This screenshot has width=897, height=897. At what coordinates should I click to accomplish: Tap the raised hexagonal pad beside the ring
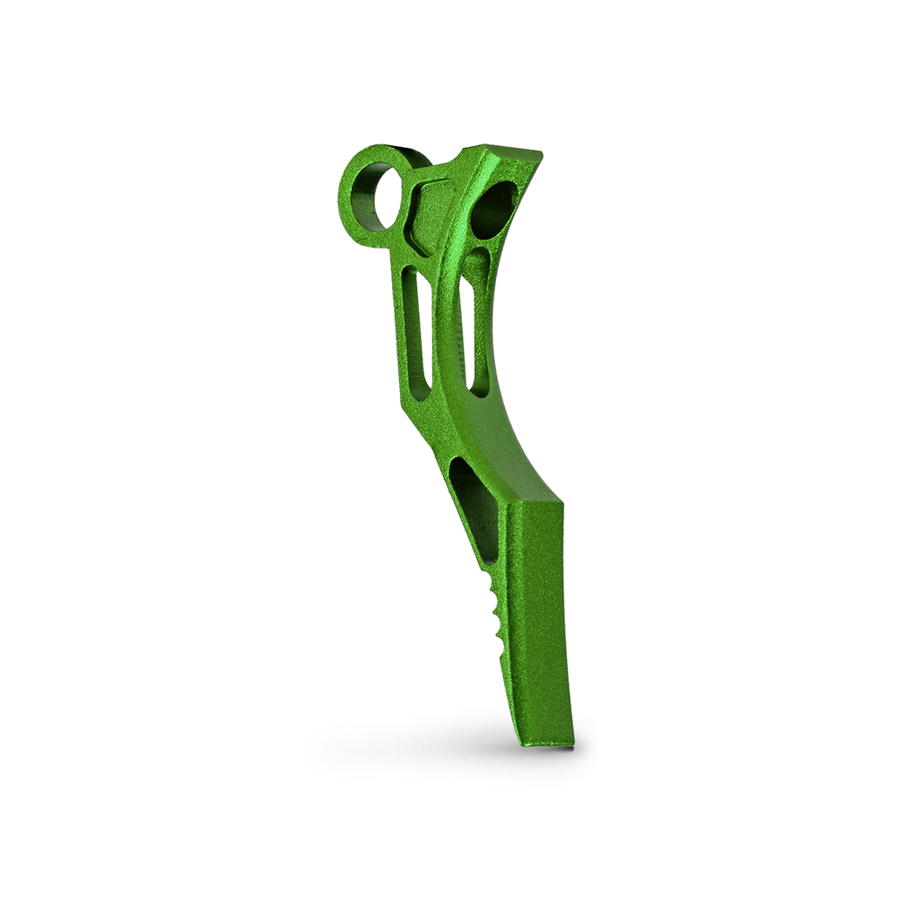pos(430,215)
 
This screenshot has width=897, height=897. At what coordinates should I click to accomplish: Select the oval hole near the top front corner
pos(494,209)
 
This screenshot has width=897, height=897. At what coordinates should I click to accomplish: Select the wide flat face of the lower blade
pos(538,619)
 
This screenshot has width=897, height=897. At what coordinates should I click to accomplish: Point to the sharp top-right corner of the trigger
pos(542,153)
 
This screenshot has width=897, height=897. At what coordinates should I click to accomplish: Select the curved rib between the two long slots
pos(441,332)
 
